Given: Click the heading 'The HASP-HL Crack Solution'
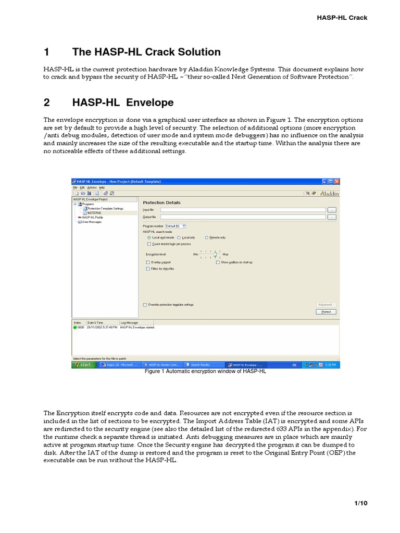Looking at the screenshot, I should [146, 52].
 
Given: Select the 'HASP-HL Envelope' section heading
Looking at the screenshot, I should [123, 103].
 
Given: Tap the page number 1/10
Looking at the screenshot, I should [360, 503].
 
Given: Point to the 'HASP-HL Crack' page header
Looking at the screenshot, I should [342, 17].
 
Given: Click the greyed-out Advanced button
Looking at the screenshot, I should [326, 304].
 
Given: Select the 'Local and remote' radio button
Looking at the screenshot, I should [149, 237].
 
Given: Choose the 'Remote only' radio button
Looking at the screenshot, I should [207, 237].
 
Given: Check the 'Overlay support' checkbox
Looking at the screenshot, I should [148, 262].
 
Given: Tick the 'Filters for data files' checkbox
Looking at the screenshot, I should [148, 269].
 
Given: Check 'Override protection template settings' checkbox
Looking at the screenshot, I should [144, 304].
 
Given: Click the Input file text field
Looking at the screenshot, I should [242, 209].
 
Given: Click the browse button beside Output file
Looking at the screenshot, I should [332, 217].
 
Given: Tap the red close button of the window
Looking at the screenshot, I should [337, 181].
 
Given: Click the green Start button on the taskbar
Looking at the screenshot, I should [82, 365].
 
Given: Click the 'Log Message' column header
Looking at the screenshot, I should [130, 323].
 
